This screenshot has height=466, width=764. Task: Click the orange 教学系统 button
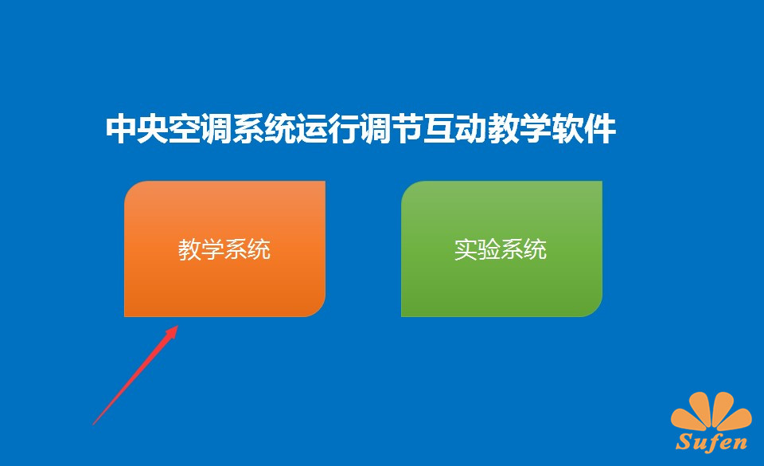[x=224, y=249]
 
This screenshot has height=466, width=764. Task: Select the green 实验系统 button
[x=501, y=249]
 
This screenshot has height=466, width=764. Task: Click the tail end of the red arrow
[x=93, y=425]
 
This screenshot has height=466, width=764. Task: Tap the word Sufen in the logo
[x=711, y=441]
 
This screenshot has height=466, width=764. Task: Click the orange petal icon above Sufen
[x=711, y=413]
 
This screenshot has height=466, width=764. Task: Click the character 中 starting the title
[x=121, y=129]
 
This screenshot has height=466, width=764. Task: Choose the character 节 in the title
[x=407, y=129]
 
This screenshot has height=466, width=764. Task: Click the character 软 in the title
[x=568, y=129]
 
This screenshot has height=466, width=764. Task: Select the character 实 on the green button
[x=466, y=249]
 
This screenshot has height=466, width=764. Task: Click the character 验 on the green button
[x=489, y=249]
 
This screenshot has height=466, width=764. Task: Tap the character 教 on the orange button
[x=189, y=249]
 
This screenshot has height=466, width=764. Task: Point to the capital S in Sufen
[x=684, y=441]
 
